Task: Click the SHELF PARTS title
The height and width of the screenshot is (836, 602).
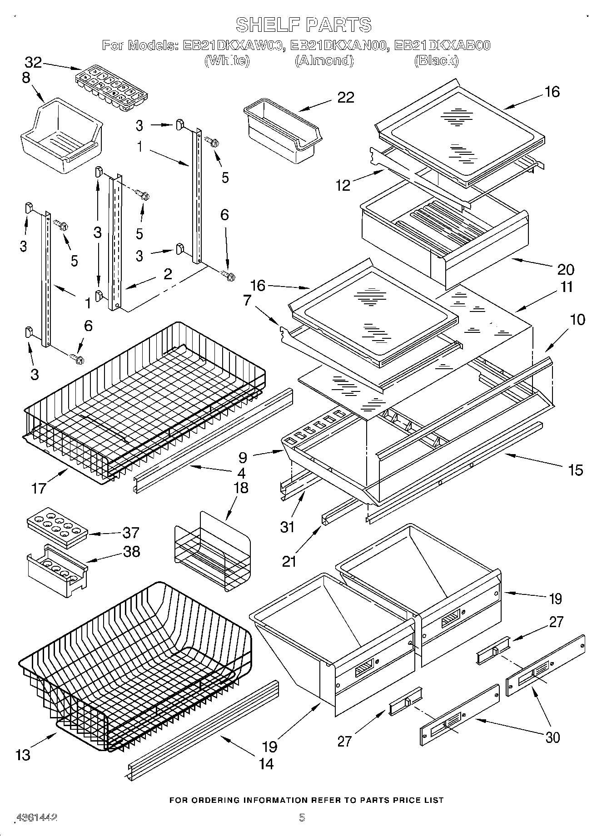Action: tap(303, 25)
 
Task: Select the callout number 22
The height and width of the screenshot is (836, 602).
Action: tap(345, 98)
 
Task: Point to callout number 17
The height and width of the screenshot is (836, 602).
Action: tap(40, 488)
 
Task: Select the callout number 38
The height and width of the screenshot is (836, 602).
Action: tap(131, 551)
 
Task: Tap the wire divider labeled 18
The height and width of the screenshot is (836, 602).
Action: tap(213, 552)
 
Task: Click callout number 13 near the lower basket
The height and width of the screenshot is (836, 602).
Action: tap(23, 754)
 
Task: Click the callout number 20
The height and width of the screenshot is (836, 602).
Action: tap(565, 269)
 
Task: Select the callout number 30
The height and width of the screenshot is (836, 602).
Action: tap(552, 737)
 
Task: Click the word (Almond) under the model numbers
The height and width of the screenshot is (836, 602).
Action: tap(324, 60)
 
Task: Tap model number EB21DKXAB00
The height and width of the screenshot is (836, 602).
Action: tap(442, 45)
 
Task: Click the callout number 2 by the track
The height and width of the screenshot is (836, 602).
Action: tap(168, 273)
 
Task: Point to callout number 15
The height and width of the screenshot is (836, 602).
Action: tap(575, 470)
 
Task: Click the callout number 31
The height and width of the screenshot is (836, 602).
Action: tap(287, 527)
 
